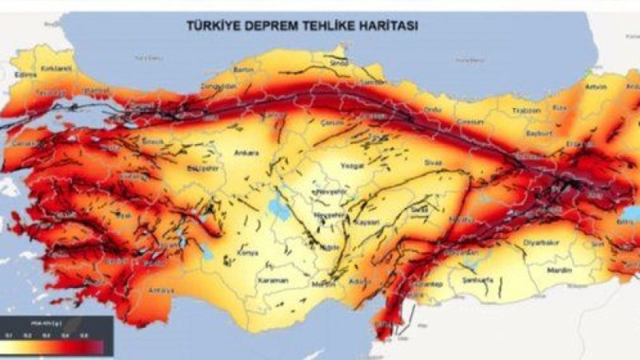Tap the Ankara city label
tap(246, 153)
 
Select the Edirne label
tap(26, 75)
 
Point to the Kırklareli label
tap(53, 67)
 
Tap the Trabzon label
tap(528, 110)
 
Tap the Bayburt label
tap(537, 134)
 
